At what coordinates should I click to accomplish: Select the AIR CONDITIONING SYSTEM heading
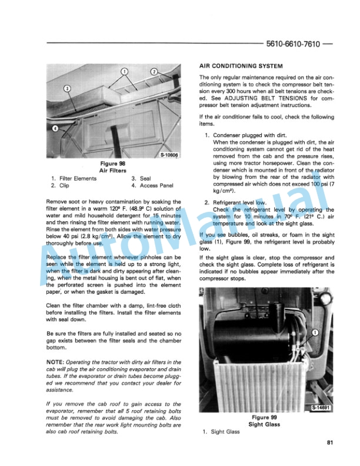[238, 68]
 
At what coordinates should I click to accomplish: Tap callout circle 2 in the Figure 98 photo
[154, 72]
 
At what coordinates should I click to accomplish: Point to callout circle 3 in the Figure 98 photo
[67, 89]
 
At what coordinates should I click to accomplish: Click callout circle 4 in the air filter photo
[55, 127]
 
